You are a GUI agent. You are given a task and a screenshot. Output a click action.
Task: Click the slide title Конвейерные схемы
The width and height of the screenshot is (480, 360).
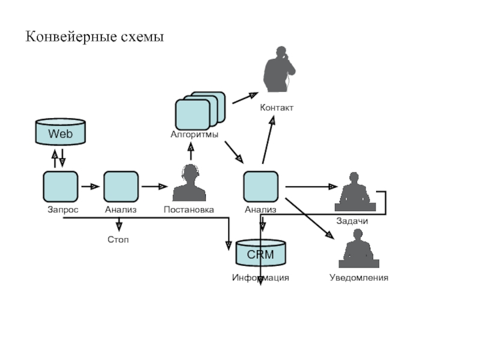coord(94,37)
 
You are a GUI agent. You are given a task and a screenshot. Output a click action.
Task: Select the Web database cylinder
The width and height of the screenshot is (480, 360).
coord(60,133)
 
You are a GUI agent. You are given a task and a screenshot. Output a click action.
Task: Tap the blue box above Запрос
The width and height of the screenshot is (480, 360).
coord(60,186)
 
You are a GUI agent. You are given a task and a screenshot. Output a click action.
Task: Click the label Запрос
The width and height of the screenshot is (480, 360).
coord(63,210)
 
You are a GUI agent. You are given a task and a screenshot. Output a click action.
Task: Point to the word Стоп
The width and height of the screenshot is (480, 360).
coord(118,239)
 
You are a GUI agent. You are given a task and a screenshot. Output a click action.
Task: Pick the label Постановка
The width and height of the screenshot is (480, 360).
coord(189,210)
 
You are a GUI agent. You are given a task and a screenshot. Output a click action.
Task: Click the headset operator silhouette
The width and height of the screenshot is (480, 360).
coord(189,183)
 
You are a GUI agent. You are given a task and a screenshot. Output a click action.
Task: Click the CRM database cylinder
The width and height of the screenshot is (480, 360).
coord(260,253)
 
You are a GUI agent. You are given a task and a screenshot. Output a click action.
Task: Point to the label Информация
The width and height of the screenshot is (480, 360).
coord(260,278)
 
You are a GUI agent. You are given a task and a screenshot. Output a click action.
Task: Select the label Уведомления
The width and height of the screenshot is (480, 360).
coord(359,278)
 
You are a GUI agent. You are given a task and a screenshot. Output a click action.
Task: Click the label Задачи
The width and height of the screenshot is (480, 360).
coord(352,221)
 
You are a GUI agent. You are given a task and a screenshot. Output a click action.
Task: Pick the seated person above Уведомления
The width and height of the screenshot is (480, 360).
coord(358,249)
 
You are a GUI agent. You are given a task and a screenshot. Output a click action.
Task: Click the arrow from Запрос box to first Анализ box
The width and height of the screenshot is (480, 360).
coord(90,187)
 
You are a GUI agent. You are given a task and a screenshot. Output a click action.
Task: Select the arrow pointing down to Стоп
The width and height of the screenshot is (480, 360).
coord(119,224)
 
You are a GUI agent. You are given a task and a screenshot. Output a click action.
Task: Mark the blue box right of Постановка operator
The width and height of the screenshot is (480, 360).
coord(260,186)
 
